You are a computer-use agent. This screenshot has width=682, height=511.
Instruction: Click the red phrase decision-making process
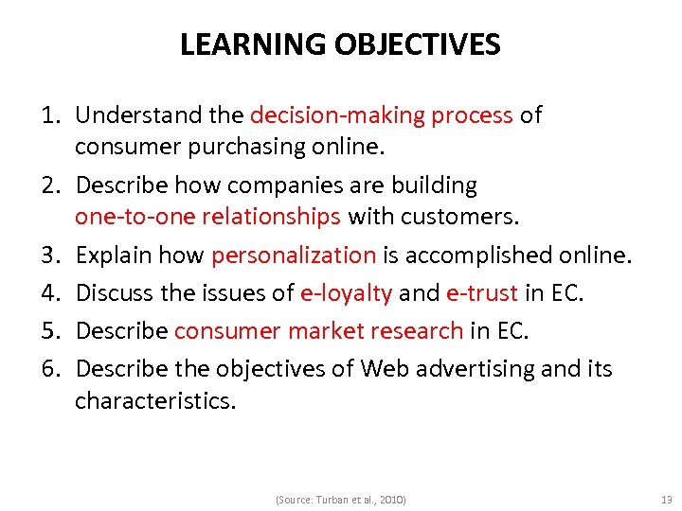pos(381,115)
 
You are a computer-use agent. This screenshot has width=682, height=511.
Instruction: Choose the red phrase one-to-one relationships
pos(207,218)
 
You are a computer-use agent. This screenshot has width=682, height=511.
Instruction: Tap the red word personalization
pos(294,255)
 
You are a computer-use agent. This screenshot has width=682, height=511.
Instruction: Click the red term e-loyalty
pos(346,294)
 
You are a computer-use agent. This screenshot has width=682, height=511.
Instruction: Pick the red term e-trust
pos(481,294)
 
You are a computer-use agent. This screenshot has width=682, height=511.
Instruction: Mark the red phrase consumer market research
pos(318,331)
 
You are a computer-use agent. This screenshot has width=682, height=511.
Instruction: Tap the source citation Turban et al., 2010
pos(340,499)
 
